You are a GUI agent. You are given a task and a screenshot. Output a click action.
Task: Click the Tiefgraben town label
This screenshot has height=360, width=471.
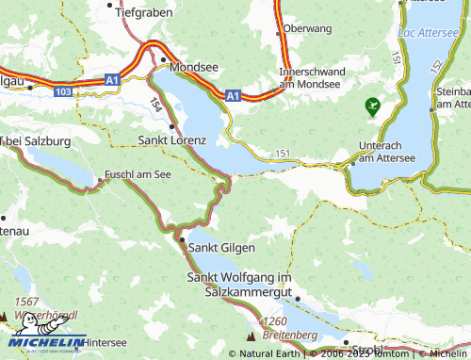tap(144, 15)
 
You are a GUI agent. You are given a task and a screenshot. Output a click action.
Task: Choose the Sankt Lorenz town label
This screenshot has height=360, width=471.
tap(172, 139)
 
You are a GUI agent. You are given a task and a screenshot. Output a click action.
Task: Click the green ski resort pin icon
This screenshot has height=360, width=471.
tap(374, 106)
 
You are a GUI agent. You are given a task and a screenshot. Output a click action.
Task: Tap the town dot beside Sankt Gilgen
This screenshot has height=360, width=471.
tap(182, 240)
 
